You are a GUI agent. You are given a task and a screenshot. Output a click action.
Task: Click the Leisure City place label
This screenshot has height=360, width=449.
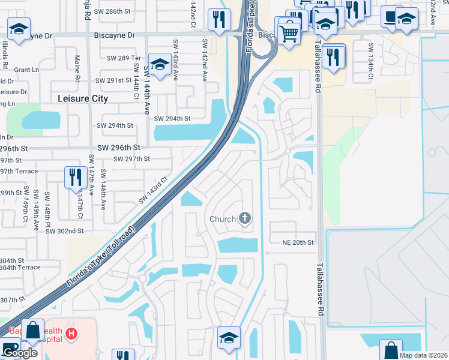tap(83, 98)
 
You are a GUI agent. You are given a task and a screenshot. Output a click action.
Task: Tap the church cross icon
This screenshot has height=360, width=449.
tap(245, 218)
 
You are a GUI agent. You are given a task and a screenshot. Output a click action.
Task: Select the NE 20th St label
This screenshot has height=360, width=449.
tap(298, 242)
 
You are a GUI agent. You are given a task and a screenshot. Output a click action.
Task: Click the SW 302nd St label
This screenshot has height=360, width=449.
tap(64, 231)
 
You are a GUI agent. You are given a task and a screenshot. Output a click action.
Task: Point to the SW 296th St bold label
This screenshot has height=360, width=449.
tap(119, 147)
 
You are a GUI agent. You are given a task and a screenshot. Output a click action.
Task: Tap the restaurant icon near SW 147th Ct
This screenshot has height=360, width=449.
tap(75, 177)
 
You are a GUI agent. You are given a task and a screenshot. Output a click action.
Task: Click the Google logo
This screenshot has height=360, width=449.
tap(20, 353)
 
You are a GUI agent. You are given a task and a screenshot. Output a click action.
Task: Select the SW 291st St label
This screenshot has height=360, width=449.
tap(114, 80)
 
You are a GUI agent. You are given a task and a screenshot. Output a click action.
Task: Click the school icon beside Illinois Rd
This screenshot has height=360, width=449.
tap(19, 28)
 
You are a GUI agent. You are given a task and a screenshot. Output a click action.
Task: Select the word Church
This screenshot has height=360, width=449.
tap(222, 219)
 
